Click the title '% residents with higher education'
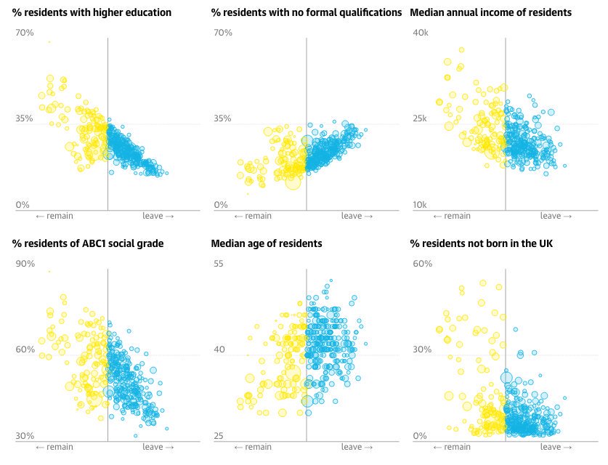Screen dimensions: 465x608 point(92,13)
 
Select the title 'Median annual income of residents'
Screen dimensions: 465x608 point(490,13)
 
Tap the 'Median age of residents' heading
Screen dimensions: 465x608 point(266,243)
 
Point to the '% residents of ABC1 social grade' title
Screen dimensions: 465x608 point(87,243)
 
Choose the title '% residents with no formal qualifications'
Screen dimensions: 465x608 point(306,13)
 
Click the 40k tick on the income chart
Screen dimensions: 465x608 point(421,33)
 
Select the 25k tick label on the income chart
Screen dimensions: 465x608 point(421,118)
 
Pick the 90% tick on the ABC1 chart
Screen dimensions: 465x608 point(25,264)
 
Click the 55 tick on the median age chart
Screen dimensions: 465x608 point(219,264)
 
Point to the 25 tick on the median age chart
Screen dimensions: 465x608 point(219,436)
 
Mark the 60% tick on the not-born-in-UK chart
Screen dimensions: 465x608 point(422,264)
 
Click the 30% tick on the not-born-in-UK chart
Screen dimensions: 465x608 point(422,349)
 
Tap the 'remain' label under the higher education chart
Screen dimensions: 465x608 point(54,216)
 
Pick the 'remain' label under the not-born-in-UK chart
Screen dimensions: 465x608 point(452,447)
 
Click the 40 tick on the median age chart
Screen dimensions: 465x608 point(219,349)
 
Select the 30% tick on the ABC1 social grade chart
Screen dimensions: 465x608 point(25,436)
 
